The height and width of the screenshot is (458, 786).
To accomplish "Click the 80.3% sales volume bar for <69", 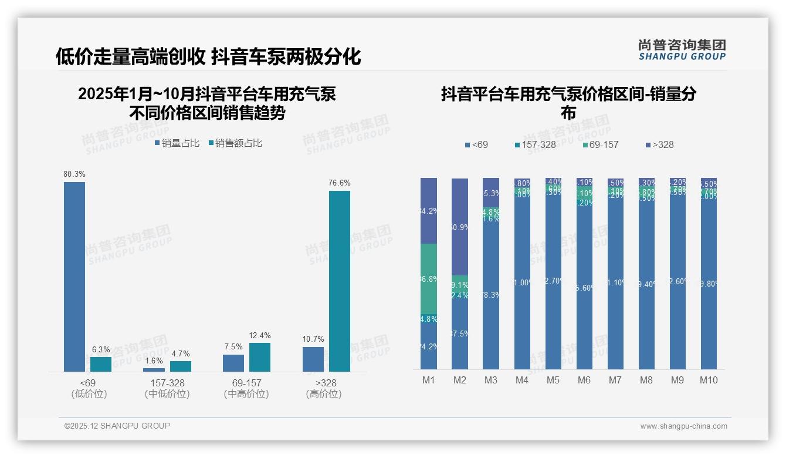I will click(x=74, y=276).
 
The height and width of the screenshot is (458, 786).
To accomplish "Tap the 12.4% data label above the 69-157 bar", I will click(x=260, y=336).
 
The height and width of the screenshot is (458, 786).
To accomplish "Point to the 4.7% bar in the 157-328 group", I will click(x=180, y=366).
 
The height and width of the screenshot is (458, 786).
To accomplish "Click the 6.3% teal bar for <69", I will click(x=101, y=364).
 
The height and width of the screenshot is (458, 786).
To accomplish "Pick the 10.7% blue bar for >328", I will click(x=313, y=359).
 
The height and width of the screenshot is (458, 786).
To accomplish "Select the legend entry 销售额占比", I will click(x=235, y=143).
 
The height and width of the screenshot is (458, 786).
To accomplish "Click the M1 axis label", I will click(x=429, y=380).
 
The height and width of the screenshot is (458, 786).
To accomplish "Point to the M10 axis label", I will click(x=709, y=380).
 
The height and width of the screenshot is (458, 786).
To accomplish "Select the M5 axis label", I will click(x=553, y=380).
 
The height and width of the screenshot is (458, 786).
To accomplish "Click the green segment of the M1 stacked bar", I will click(x=429, y=279).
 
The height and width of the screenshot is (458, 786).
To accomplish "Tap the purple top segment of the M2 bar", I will click(x=460, y=227).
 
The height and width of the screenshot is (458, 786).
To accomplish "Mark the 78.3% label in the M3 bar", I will click(x=491, y=295).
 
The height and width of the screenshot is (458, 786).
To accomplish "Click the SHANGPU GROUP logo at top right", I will click(x=682, y=50).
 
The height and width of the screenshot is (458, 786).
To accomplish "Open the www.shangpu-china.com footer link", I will click(x=683, y=426).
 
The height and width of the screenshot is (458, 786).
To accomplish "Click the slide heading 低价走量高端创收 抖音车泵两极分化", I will click(x=208, y=57).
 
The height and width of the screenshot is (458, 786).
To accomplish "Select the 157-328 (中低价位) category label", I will click(x=167, y=389).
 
